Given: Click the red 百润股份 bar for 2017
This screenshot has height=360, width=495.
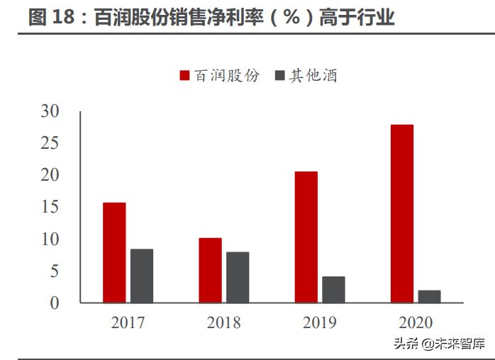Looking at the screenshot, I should tap(114, 253).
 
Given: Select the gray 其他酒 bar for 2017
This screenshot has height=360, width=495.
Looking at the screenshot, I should tap(142, 276).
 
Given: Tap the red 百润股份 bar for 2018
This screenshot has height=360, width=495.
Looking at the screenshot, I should tap(210, 270).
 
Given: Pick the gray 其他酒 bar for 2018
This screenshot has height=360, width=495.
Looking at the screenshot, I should tap(238, 277).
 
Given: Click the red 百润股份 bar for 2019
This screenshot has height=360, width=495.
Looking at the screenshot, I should tap(306, 237).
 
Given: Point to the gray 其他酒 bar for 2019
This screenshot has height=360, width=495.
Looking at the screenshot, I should tap(333, 289).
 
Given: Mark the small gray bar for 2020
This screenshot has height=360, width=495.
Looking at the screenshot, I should tap(429, 296).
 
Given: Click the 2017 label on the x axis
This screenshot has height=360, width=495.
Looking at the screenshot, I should tap(128, 323).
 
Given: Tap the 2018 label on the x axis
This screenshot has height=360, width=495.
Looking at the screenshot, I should tap(223, 323).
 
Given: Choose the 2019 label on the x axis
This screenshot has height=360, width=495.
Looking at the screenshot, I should tap(319, 323).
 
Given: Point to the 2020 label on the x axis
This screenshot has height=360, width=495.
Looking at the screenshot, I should tap(416, 323).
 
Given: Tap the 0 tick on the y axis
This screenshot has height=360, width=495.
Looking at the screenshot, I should tap(55, 303).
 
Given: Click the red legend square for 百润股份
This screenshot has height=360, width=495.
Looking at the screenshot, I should tap(184, 76).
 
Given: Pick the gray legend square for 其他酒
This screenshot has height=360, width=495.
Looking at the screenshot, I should tap(279, 76).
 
